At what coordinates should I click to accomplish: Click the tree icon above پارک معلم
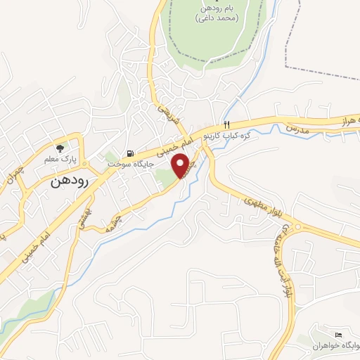60,148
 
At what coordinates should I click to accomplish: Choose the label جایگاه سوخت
127,164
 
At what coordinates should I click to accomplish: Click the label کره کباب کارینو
228,134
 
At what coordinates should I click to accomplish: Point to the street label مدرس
296,129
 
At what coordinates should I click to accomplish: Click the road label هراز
349,121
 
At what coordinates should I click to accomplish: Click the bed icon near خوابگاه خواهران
339,334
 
